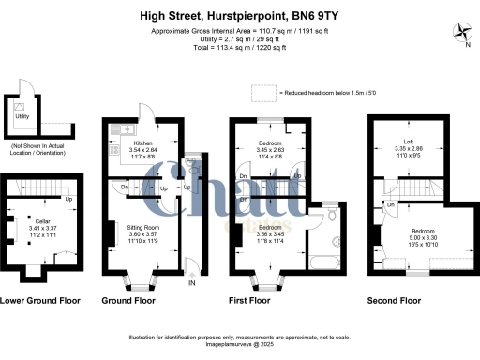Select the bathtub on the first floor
(328, 257)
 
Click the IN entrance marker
(192, 282)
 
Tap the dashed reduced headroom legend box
(265, 93)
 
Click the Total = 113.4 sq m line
(240, 43)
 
